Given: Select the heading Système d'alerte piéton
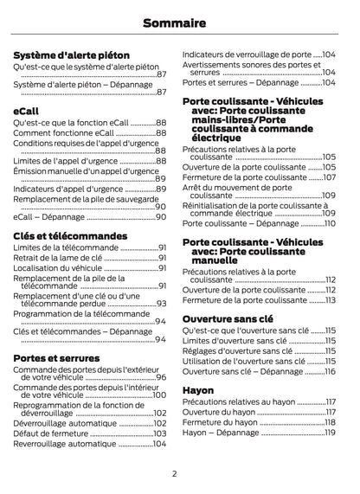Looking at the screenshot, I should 69,54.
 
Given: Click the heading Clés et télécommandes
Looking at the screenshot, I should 71,235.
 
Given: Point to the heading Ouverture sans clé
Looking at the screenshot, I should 228,319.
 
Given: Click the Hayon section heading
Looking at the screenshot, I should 199,390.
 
